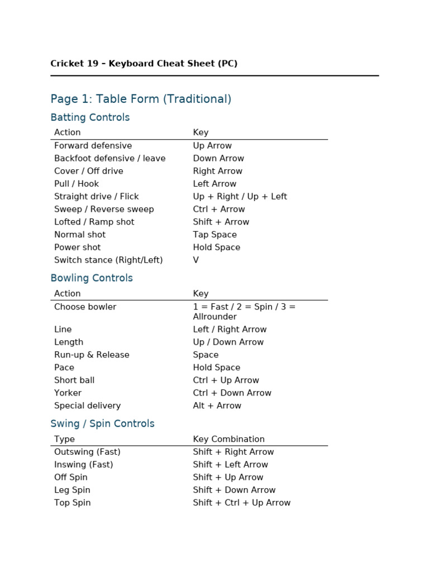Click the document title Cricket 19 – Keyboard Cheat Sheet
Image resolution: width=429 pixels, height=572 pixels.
(144, 64)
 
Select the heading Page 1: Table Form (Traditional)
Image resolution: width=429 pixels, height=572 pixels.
(141, 99)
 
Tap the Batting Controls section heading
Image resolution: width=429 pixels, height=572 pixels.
(90, 117)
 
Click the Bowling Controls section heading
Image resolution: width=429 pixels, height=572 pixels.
(92, 278)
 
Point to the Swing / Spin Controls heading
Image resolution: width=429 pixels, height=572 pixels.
(102, 424)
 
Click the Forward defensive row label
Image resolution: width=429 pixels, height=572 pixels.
(93, 146)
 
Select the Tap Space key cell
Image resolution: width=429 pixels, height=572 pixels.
(214, 235)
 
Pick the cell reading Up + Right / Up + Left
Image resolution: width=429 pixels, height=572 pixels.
(240, 197)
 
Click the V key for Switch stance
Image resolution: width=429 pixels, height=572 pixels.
(196, 260)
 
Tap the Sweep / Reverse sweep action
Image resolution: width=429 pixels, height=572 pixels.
(104, 209)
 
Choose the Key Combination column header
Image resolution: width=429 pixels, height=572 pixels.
(228, 439)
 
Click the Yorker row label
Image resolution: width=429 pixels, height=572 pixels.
(68, 393)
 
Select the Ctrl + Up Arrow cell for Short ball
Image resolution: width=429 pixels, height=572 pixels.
(226, 380)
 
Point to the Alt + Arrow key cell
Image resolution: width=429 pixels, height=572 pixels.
(217, 406)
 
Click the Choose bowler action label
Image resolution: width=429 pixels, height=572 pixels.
(85, 307)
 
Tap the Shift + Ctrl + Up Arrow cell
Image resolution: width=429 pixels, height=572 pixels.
(241, 503)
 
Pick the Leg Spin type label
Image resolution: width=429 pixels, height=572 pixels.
(72, 490)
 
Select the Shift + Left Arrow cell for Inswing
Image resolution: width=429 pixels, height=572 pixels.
(230, 465)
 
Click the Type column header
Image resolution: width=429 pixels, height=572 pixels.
(64, 439)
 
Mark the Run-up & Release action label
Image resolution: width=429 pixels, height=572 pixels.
(92, 355)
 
